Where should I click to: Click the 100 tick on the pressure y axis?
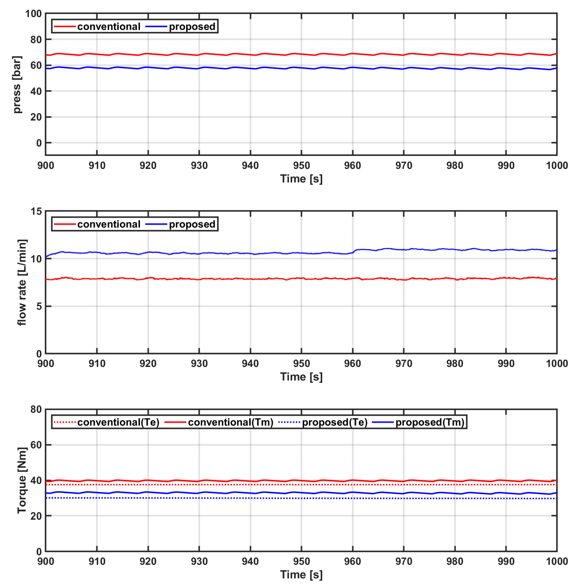click(x=33, y=14)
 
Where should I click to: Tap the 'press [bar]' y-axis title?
click(x=17, y=85)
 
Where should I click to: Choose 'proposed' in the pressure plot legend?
click(x=192, y=27)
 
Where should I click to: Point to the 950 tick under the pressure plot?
click(x=301, y=166)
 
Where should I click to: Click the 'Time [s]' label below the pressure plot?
click(x=301, y=179)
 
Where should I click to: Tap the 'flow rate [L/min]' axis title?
click(x=22, y=282)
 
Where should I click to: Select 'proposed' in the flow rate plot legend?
click(x=192, y=224)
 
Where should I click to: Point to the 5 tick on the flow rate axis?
click(x=39, y=306)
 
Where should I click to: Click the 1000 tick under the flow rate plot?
click(x=557, y=363)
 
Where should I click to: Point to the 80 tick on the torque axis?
click(x=36, y=410)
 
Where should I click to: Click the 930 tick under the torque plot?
click(x=199, y=561)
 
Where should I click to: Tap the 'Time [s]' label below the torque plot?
click(x=301, y=574)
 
